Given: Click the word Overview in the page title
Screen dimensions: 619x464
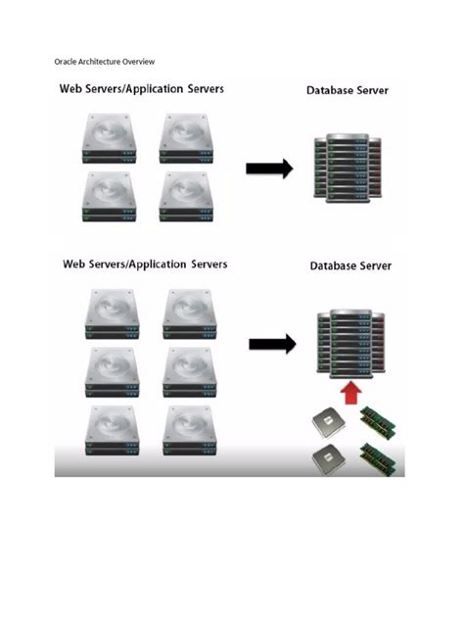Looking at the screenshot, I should click(138, 61).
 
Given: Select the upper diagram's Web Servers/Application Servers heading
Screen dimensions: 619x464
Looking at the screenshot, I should click(141, 89).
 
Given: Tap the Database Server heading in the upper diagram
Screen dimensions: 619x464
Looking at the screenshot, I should click(348, 91).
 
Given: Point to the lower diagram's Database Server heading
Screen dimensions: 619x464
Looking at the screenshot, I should click(350, 265).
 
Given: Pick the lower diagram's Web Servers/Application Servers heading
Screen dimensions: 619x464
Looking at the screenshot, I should click(145, 264).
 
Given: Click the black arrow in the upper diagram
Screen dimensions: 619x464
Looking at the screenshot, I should click(269, 168).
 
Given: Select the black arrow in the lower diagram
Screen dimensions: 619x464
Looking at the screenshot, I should click(272, 344).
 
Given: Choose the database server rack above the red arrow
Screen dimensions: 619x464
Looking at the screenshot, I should click(349, 343).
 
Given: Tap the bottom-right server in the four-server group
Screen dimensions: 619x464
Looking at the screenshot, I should click(186, 196).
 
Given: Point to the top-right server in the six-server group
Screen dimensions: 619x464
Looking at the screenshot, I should click(189, 312).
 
